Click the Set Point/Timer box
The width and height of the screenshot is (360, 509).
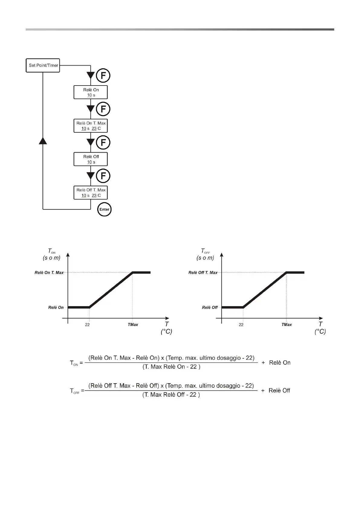coord(43,65)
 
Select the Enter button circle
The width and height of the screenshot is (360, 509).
coord(104,209)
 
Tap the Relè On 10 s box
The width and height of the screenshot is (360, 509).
coord(91,92)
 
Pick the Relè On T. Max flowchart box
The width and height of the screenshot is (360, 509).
coord(91,126)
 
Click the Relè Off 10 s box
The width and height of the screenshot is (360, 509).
coord(91,159)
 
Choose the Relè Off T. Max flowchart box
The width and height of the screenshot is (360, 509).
coord(91,193)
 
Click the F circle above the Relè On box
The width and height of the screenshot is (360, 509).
coord(103,76)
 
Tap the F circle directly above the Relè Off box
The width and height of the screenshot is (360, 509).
coord(103,142)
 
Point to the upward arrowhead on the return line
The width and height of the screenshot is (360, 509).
coord(43,140)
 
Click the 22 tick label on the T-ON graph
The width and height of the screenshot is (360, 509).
coord(87,325)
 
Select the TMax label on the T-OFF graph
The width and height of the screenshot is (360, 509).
coord(287,325)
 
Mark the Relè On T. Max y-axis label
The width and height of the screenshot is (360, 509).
coord(49,273)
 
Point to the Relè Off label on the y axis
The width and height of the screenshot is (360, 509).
coord(210,307)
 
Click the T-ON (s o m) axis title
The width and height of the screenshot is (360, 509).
coord(52,254)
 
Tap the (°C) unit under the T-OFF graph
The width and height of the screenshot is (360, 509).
coord(320,332)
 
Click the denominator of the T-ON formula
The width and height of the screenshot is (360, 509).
coord(171,367)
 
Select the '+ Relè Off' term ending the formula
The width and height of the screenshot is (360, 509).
coord(275,391)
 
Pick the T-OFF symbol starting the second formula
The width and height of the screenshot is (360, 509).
coord(74,391)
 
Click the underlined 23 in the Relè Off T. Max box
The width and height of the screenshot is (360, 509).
coord(94,196)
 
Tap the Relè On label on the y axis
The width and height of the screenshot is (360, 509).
coord(56,307)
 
